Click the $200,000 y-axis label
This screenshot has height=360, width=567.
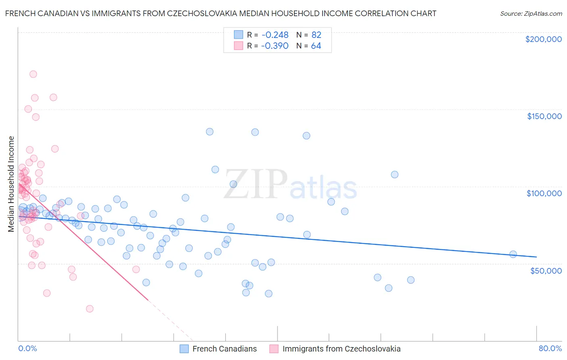pos(543,39)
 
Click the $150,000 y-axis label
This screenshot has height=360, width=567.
pos(544,116)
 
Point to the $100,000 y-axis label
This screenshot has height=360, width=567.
pos(544,193)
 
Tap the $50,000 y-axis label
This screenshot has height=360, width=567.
pos(546,270)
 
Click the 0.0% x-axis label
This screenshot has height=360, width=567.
pos(27,348)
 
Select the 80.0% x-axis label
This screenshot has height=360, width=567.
pos(550,348)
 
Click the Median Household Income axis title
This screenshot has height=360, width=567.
pos(11,184)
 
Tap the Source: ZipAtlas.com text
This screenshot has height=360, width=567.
pos(531,13)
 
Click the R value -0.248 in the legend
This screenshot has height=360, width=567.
pos(275,35)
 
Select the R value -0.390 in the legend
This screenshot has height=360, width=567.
pos(275,46)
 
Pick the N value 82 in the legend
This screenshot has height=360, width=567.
pos(316,35)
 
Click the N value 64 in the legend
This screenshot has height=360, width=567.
pos(316,46)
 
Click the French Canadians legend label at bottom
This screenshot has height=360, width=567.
pos(224,349)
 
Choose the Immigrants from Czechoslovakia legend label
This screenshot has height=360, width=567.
pos(341,349)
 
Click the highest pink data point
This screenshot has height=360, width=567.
pos(33,74)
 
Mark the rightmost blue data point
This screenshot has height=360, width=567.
pos(513,254)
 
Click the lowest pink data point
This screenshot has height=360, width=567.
pos(90,309)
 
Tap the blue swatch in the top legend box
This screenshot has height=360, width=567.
pos(238,35)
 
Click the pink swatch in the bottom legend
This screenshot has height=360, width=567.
pos(274,349)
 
